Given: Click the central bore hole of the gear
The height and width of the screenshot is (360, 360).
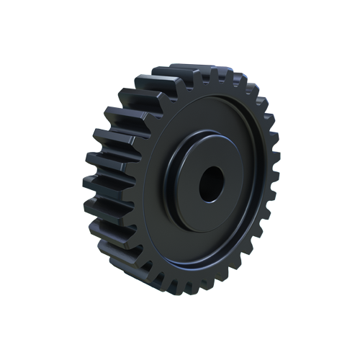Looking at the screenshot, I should coord(211,184).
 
